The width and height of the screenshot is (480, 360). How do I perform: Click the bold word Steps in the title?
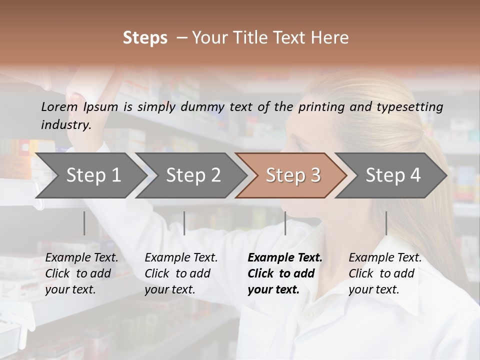(x=145, y=38)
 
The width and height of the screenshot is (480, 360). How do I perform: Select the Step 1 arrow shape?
(x=90, y=175)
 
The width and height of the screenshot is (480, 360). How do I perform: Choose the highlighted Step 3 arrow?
(x=292, y=175)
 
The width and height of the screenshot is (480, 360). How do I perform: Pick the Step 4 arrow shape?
(x=392, y=175)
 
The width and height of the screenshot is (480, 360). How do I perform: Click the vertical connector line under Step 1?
(x=84, y=223)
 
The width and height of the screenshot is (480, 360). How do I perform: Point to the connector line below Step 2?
(x=184, y=223)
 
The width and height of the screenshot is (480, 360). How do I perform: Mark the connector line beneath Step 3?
(x=285, y=223)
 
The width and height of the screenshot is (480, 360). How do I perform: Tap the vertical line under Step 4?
(x=386, y=223)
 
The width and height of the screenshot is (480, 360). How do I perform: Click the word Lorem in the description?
(x=59, y=106)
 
